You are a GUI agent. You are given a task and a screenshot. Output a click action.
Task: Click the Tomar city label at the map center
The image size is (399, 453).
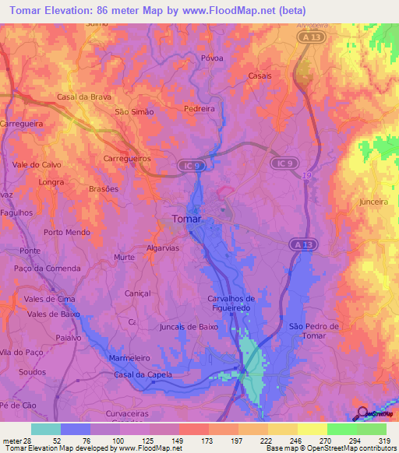click(185, 219)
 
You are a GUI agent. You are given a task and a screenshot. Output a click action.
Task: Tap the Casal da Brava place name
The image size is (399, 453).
click(85, 97)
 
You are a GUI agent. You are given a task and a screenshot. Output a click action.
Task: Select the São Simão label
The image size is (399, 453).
click(134, 111)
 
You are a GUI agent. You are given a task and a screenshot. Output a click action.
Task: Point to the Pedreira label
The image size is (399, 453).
click(199, 109)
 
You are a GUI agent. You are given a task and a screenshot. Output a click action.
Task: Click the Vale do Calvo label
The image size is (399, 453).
click(37, 165)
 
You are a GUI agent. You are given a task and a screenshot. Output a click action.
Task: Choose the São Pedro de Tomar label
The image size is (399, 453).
click(313, 330)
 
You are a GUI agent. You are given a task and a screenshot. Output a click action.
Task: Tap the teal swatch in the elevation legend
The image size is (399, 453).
click(46, 429)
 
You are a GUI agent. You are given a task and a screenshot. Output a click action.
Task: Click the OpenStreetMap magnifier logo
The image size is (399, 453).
click(362, 414)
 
